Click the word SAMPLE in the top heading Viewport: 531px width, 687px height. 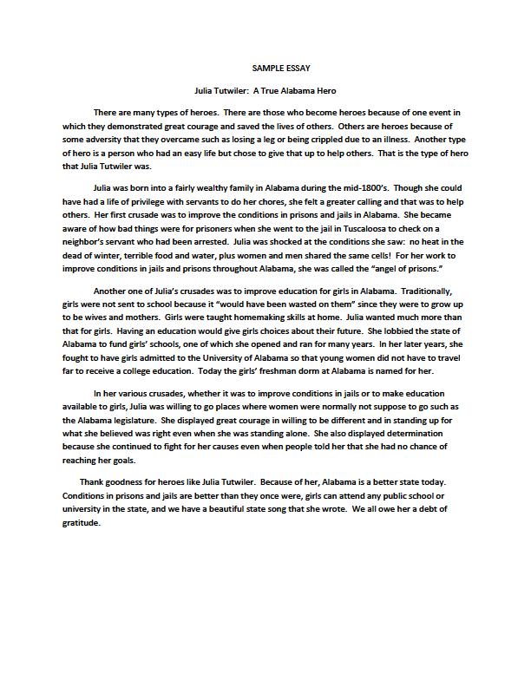click(266, 68)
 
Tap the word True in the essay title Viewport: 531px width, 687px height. click(275, 90)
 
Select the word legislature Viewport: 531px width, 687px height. click(133, 421)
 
